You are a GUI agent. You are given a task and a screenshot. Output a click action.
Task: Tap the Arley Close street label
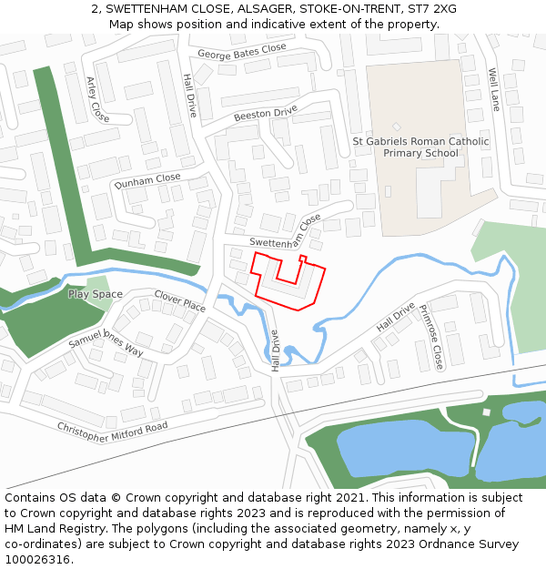tap(97, 99)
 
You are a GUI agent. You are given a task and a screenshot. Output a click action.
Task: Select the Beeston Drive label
tap(266, 114)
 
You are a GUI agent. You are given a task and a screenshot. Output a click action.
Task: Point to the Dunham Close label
tap(147, 181)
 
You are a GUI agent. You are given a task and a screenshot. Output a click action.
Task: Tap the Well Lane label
tap(494, 88)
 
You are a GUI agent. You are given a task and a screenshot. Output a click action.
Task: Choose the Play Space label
tap(95, 294)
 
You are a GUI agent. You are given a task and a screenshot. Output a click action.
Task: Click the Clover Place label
tap(179, 301)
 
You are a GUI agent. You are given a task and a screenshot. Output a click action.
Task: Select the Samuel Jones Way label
tap(106, 340)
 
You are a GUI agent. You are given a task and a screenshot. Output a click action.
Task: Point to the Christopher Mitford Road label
tap(113, 432)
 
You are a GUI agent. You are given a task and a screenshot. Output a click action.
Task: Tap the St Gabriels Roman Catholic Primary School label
tap(420, 147)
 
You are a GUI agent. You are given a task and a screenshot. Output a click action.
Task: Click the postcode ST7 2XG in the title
tap(433, 9)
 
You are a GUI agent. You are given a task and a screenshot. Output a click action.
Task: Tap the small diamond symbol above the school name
tap(396, 127)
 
